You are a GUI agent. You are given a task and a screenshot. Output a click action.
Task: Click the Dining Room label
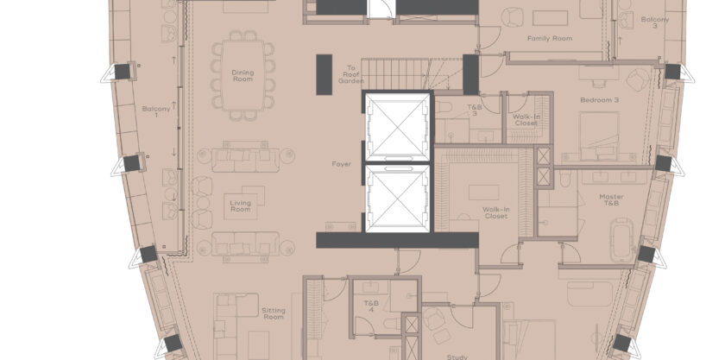click(243, 76)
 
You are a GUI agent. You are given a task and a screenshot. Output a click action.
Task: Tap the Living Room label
click(241, 206)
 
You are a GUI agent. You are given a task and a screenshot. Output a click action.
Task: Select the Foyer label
click(341, 164)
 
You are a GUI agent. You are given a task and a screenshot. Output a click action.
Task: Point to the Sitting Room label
click(274, 313)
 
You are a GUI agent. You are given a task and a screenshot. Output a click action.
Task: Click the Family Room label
click(550, 38)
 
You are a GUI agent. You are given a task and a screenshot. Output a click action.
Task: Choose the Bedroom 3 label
click(599, 100)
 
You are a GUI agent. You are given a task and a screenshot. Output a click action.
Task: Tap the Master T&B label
click(611, 199)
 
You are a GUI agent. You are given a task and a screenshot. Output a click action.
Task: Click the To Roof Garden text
click(350, 74)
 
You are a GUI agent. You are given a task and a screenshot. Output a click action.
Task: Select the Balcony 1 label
click(156, 111)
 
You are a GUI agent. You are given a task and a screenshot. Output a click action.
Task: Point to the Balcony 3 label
click(655, 22)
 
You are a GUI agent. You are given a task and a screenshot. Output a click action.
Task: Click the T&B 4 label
click(371, 306)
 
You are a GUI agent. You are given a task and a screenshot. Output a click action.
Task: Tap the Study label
click(457, 357)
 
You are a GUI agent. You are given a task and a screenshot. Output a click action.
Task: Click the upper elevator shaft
click(397, 127)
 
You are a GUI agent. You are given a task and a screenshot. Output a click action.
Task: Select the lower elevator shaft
click(397, 199)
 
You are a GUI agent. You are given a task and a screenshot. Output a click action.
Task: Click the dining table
click(243, 76)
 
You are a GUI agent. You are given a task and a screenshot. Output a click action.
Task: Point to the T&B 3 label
click(474, 111)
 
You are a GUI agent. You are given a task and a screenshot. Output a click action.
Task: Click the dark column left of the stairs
click(325, 74)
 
